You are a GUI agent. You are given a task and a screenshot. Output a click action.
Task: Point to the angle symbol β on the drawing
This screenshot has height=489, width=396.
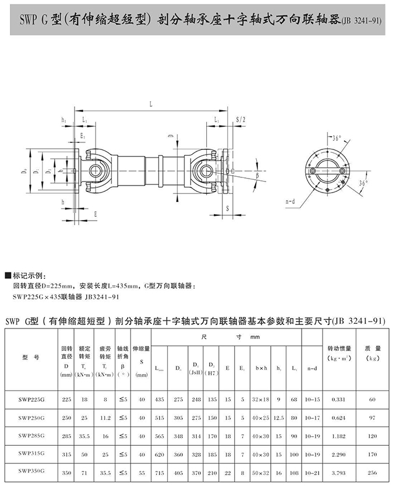[257, 174]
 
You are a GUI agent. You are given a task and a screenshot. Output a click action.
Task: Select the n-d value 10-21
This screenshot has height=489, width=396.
[312, 473]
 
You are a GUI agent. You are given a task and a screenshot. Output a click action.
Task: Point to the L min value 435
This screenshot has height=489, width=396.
[159, 399]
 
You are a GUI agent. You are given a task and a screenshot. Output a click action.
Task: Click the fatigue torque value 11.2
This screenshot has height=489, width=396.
[105, 417]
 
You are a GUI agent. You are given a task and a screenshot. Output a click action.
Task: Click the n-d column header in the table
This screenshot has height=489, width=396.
[312, 368]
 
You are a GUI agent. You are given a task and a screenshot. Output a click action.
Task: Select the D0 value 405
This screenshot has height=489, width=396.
[178, 473]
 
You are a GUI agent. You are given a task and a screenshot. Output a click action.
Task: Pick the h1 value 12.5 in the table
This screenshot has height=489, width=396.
[280, 417]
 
